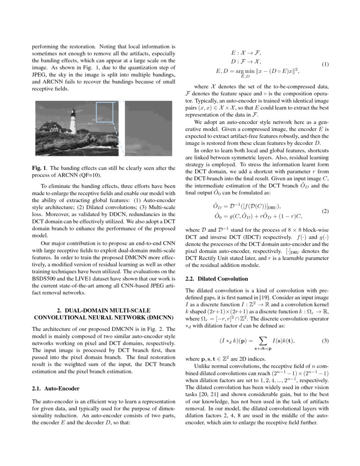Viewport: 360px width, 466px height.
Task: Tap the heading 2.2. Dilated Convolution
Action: pyautogui.click(x=216, y=279)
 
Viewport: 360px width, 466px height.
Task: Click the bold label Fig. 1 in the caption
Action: pyautogui.click(x=40, y=168)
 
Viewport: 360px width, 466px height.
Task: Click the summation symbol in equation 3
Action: pyautogui.click(x=262, y=341)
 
